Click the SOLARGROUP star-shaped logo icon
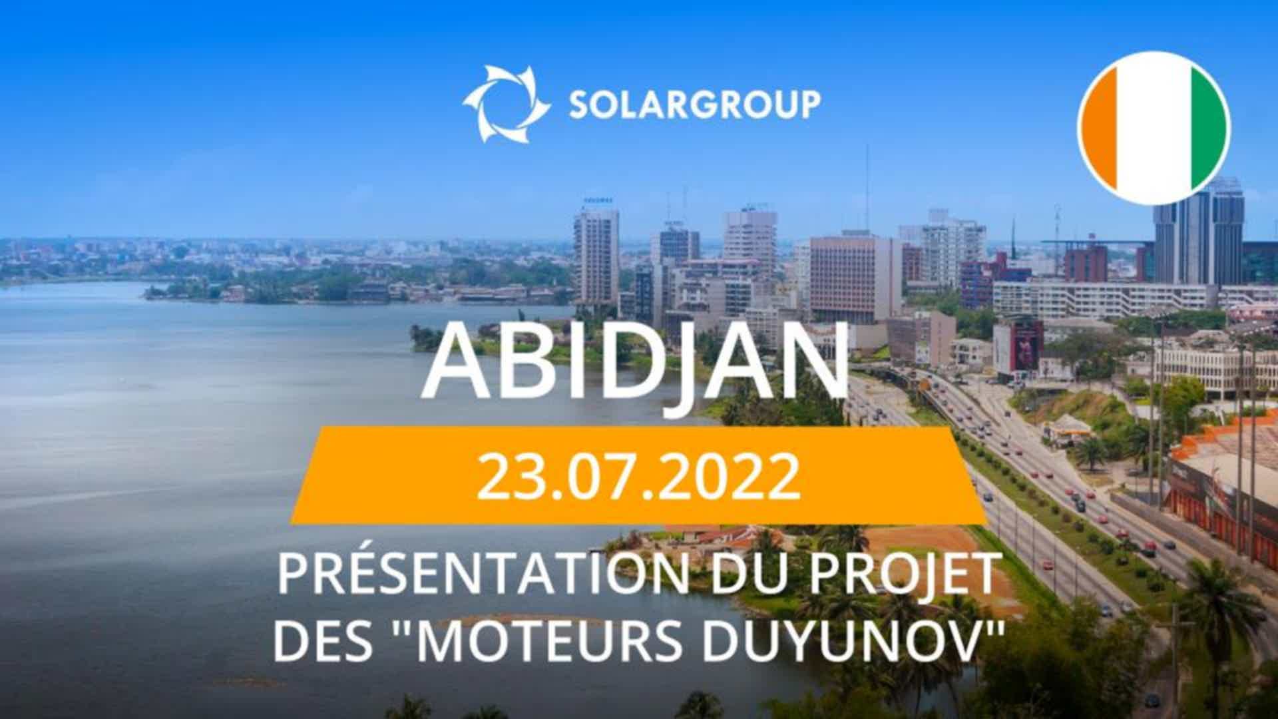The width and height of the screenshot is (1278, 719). (x=507, y=104)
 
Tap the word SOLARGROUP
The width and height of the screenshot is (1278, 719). (x=694, y=105)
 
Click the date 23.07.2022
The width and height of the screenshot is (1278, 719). (x=638, y=477)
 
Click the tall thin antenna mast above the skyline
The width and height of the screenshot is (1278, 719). (x=867, y=187)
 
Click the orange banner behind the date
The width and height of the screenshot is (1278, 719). (x=638, y=475)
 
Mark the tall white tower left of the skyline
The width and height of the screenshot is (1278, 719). (x=596, y=256)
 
